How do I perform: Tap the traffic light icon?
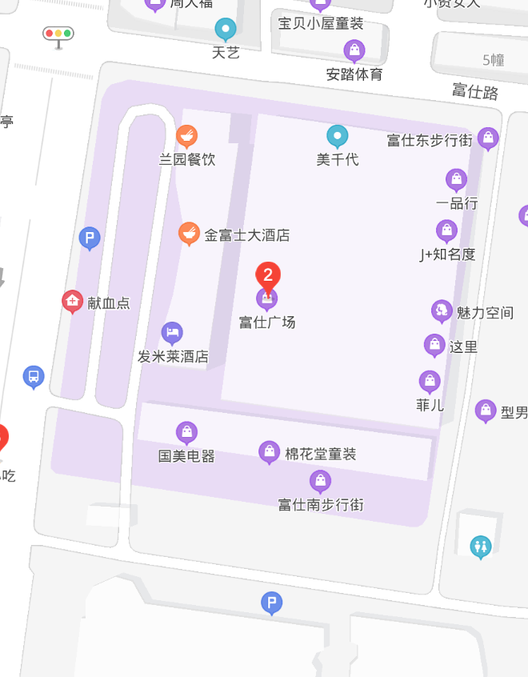tap(58, 34)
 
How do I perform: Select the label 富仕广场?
tap(267, 322)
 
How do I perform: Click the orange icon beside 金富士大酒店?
tap(189, 234)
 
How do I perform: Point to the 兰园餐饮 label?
tap(186, 159)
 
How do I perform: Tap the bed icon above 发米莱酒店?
tap(172, 333)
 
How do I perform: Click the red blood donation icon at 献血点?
tap(72, 301)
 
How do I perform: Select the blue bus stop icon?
tap(33, 376)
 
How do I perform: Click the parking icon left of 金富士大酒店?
tap(90, 238)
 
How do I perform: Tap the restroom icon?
tap(481, 547)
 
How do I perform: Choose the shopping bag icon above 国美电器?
tap(186, 433)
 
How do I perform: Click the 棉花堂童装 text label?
tap(320, 454)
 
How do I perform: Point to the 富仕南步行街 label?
tap(320, 505)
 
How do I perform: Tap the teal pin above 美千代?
tap(338, 137)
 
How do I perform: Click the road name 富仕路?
tap(475, 91)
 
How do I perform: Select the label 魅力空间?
tap(485, 312)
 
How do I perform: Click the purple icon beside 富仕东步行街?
tap(488, 138)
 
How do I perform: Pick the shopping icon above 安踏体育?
tap(354, 51)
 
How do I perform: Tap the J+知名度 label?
tap(447, 254)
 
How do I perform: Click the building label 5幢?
tap(494, 59)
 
